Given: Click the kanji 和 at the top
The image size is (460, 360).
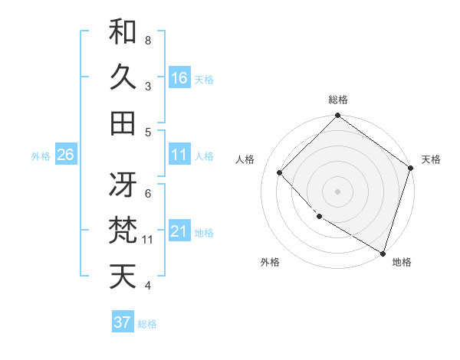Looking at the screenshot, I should (123, 31).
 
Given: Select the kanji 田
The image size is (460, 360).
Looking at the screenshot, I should (123, 123).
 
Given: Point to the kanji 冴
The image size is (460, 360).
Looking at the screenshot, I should (123, 185).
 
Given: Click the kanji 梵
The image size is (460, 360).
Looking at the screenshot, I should (123, 230).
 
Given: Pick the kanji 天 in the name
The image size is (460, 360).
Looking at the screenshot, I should (123, 276).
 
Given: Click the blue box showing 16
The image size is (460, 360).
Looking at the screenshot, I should (179, 77).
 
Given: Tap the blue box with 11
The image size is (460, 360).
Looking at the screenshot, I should (179, 155).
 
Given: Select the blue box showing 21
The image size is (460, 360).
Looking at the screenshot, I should (179, 231).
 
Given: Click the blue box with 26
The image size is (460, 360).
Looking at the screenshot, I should (65, 155).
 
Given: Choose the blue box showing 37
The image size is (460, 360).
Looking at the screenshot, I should (123, 322).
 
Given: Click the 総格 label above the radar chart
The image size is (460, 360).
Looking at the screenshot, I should (338, 100).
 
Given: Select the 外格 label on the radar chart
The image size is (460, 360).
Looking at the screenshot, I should (270, 262).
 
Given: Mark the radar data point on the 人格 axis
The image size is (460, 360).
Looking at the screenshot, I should (280, 173).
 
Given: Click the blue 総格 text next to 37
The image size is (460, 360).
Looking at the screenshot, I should (148, 324).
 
